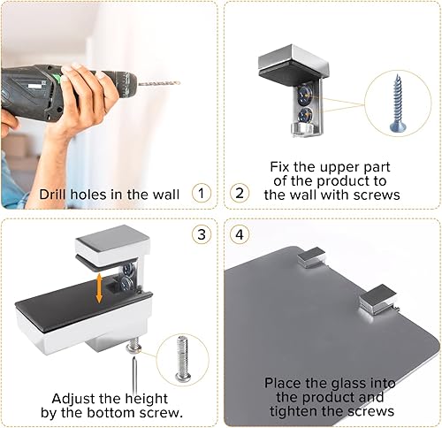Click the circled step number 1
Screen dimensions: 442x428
[202, 194]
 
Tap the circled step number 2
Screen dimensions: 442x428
[240, 194]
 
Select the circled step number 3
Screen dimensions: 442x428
[202, 235]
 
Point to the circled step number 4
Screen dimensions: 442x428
[240, 235]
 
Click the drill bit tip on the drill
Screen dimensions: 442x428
[179, 83]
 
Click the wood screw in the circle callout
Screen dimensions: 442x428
[397, 103]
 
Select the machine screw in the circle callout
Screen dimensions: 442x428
[182, 357]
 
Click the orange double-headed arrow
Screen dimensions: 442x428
[99, 288]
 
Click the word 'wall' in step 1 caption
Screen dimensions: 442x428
[165, 195]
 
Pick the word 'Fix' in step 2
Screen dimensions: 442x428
[280, 167]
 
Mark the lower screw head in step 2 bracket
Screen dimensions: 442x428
[305, 114]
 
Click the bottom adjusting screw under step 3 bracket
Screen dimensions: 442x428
[133, 346]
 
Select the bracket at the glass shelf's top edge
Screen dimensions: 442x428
[311, 257]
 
